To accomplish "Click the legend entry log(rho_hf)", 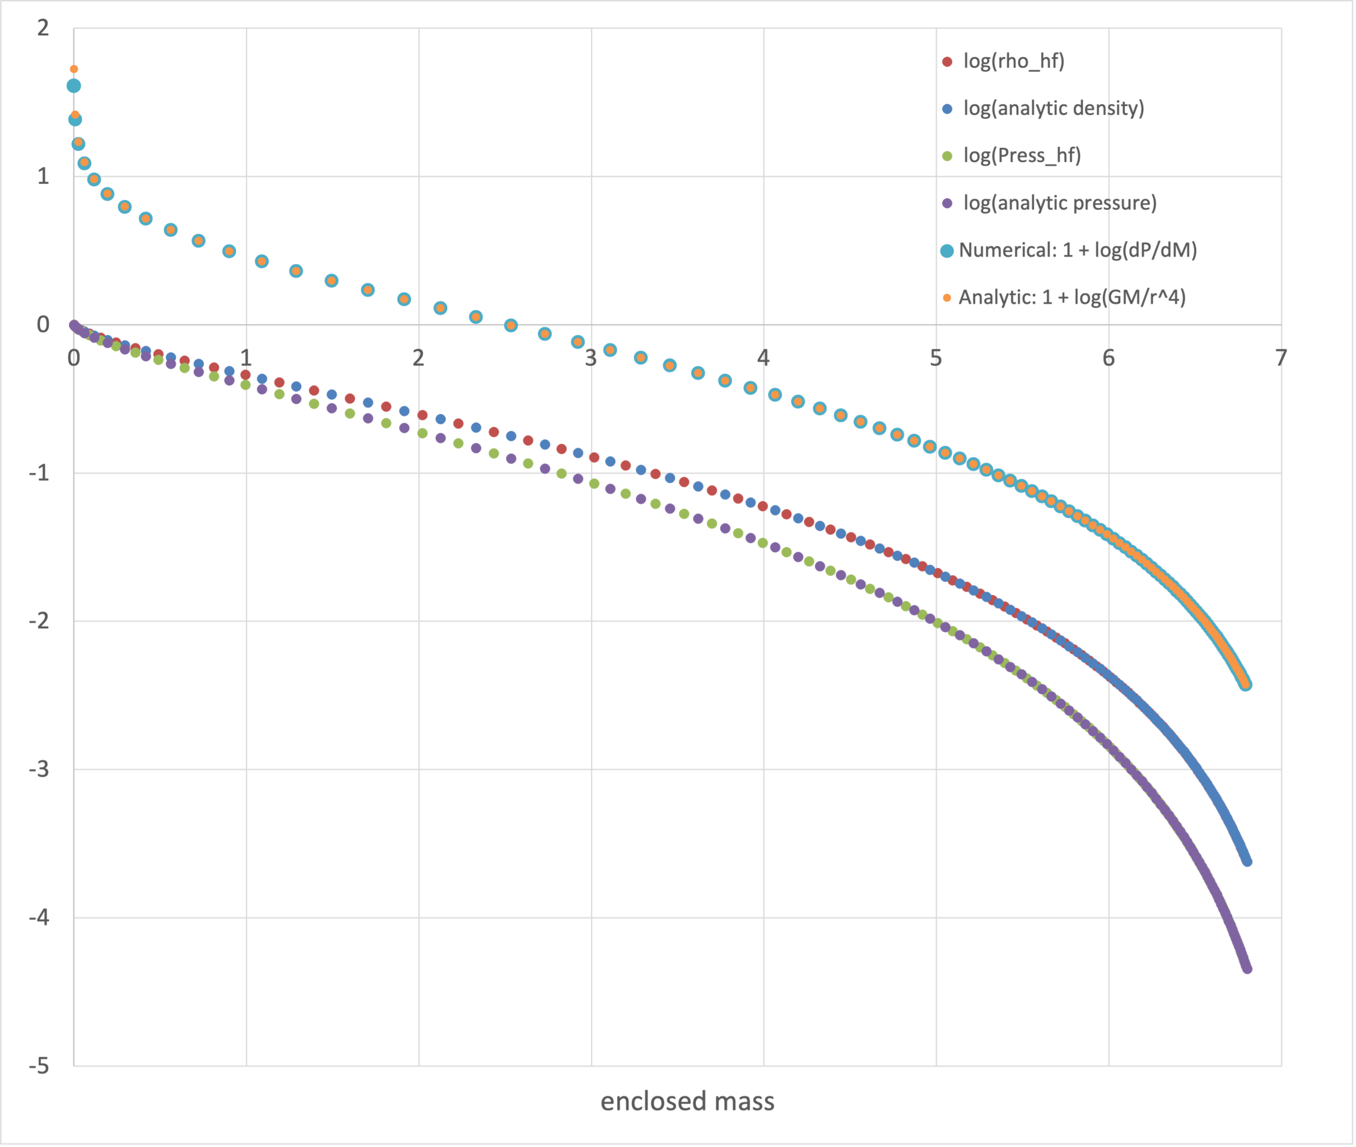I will (1013, 61).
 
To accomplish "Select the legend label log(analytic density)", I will (1053, 108).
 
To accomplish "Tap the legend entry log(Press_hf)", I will (1022, 155).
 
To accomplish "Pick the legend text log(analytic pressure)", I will (1060, 203).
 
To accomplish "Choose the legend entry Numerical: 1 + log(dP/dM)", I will (1077, 250).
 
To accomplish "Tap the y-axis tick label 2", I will (43, 28).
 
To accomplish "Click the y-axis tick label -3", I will (39, 769).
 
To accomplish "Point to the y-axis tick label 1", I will (43, 176).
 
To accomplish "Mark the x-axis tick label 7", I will (1280, 358).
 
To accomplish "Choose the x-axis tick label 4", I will (763, 358).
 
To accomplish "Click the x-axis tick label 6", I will (1108, 358).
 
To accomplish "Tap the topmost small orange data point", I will (74, 69).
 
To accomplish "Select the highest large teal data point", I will (73, 86).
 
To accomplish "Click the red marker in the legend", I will (947, 62).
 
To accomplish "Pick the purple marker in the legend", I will (947, 203).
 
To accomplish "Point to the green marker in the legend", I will (947, 156).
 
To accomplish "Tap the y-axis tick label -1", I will (39, 473).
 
